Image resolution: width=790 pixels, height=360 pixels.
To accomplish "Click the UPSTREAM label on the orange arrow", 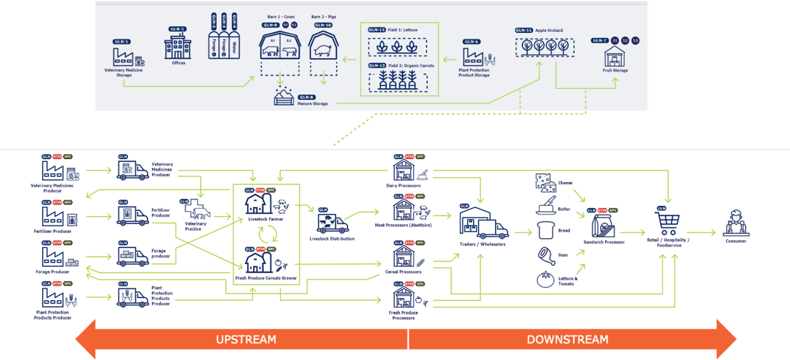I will click(x=246, y=340).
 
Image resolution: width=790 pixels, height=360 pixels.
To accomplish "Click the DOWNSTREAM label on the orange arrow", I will click(x=567, y=340).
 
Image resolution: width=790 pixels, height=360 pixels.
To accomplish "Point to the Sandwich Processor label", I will click(x=604, y=242).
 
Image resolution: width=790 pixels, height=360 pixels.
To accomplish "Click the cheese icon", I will click(x=546, y=182).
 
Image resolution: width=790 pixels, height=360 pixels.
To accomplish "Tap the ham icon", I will click(x=546, y=255).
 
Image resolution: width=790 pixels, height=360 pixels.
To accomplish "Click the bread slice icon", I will click(x=546, y=230).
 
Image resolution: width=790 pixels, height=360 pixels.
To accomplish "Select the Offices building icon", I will click(x=178, y=46).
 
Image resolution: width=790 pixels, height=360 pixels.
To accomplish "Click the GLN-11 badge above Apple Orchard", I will click(x=523, y=30).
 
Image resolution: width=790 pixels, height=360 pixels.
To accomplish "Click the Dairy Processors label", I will click(x=403, y=185).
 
